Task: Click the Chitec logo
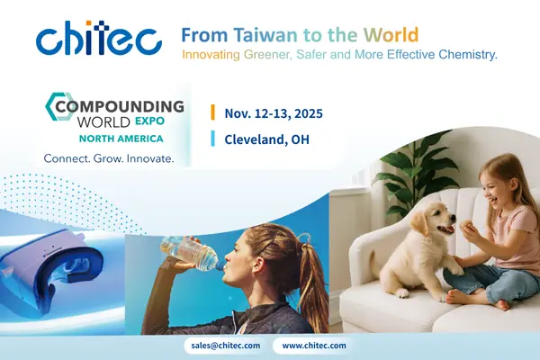[x=99, y=39]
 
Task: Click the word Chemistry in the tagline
[x=464, y=55]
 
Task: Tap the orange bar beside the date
[x=212, y=112]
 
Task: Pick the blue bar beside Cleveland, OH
[x=212, y=139]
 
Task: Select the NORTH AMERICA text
[x=121, y=139]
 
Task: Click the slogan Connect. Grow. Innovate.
[x=109, y=158]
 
